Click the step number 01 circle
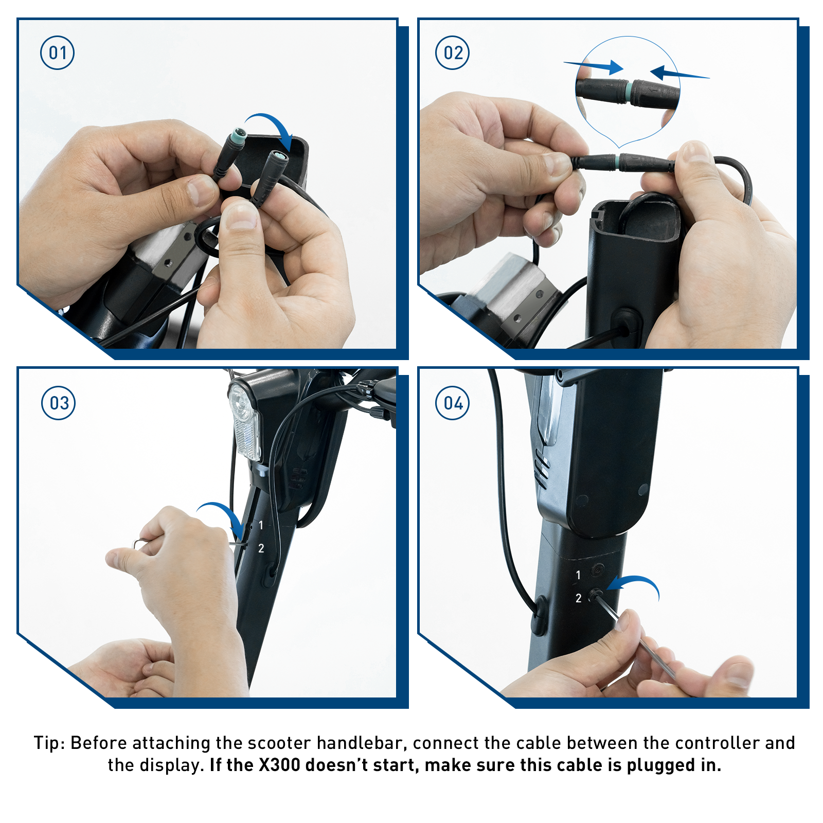coord(57,53)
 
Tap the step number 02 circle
coord(453,53)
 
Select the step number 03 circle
coord(58,403)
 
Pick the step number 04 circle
coord(453,403)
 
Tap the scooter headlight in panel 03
coord(244,422)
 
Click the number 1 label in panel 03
coord(261,525)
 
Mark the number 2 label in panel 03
coord(261,549)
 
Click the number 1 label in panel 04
coord(579,575)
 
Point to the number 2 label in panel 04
coord(579,598)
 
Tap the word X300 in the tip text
coord(280,765)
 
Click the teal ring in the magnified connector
coord(630,92)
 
